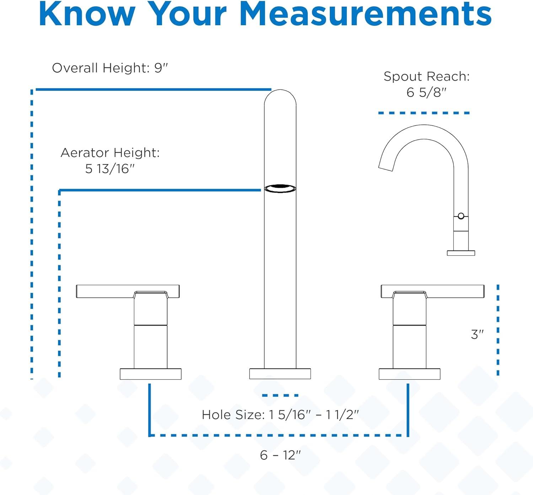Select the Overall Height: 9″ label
pyautogui.click(x=110, y=68)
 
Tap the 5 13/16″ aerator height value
pyautogui.click(x=110, y=169)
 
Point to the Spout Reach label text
pyautogui.click(x=426, y=76)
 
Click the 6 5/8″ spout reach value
pyautogui.click(x=426, y=93)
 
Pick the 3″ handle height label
pyautogui.click(x=477, y=334)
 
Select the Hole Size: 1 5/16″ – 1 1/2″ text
pyautogui.click(x=280, y=414)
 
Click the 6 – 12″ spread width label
pyautogui.click(x=280, y=455)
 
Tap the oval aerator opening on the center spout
pyautogui.click(x=280, y=188)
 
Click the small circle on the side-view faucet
pyautogui.click(x=461, y=216)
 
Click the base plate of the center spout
pyautogui.click(x=280, y=374)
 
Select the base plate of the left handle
pyautogui.click(x=151, y=374)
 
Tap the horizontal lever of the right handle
pyautogui.click(x=455, y=291)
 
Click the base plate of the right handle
pyautogui.click(x=409, y=374)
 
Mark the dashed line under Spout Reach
pyautogui.click(x=424, y=113)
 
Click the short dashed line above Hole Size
pyautogui.click(x=280, y=395)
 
